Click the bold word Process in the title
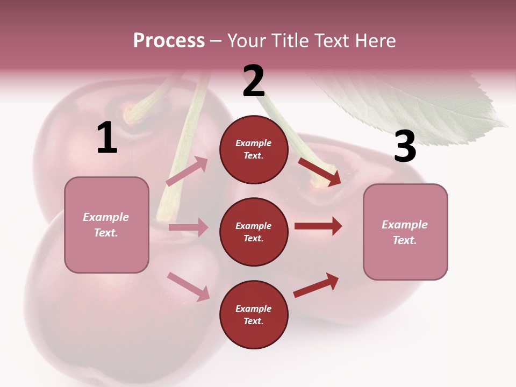[x=169, y=41]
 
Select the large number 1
[x=107, y=138]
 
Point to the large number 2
[x=254, y=81]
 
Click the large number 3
[x=405, y=146]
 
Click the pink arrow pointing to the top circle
[x=187, y=171]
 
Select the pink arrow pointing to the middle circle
[x=188, y=227]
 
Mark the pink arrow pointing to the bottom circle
[x=188, y=286]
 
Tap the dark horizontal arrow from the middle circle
[x=318, y=226]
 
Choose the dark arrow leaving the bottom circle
[x=316, y=285]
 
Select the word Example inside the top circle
[x=253, y=144]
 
